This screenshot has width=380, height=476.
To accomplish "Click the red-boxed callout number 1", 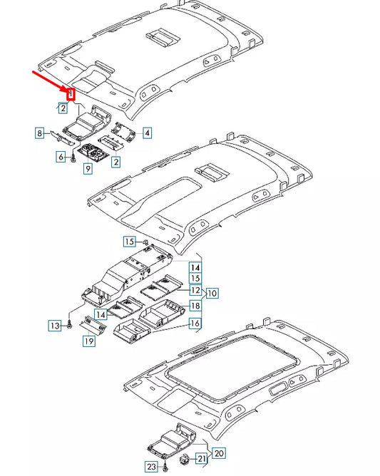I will pyautogui.click(x=71, y=93).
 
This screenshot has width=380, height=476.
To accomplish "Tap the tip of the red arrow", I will pyautogui.click(x=68, y=90).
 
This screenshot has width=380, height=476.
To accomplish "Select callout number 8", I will pyautogui.click(x=41, y=133).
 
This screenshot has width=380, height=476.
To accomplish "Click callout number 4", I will pyautogui.click(x=146, y=133).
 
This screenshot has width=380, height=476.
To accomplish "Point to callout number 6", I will pyautogui.click(x=61, y=156).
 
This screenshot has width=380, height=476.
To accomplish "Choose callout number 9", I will pyautogui.click(x=87, y=169).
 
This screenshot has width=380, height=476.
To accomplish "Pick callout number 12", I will pyautogui.click(x=195, y=290).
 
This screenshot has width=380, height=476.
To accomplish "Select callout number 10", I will pyautogui.click(x=212, y=293).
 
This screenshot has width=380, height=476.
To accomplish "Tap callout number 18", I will pyautogui.click(x=195, y=306).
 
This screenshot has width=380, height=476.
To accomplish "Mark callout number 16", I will pyautogui.click(x=194, y=324).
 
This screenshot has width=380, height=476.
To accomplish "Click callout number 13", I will pyautogui.click(x=54, y=326).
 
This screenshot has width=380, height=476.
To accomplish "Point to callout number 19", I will pyautogui.click(x=88, y=342).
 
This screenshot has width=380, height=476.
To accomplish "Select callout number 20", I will pyautogui.click(x=219, y=453).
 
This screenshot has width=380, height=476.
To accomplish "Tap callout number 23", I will pyautogui.click(x=150, y=467).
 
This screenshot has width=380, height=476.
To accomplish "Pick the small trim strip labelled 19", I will pyautogui.click(x=96, y=324).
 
